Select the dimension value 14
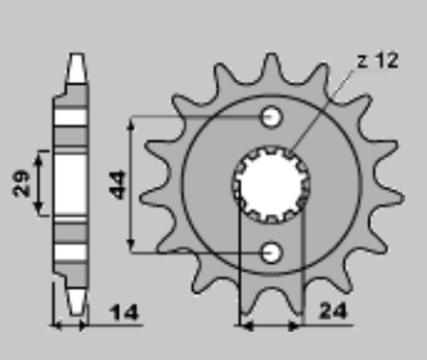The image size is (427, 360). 124,313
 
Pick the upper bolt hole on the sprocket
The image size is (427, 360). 271,117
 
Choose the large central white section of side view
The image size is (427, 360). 72,183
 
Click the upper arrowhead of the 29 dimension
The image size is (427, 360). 38,155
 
